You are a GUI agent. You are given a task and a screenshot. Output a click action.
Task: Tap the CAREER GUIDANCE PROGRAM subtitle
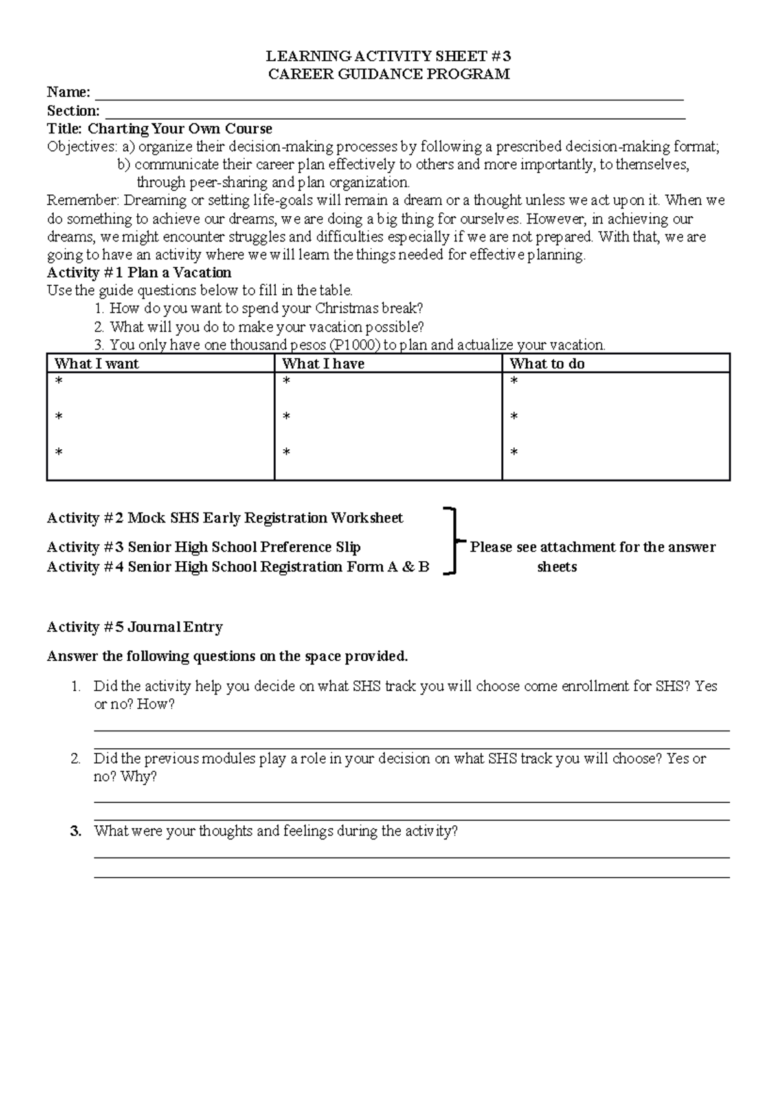(389, 74)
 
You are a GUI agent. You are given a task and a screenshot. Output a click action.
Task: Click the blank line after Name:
(388, 96)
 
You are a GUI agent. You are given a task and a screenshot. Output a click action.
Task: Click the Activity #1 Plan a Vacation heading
(139, 272)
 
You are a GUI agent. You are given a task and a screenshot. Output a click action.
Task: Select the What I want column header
(96, 364)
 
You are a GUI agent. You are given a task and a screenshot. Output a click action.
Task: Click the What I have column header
(323, 364)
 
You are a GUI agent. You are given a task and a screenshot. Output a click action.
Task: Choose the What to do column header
(547, 364)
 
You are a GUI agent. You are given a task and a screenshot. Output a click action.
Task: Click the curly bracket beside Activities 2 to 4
(453, 541)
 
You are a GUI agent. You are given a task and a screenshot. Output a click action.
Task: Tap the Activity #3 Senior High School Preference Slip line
(204, 547)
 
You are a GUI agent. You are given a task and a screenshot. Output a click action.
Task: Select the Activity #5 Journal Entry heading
(135, 627)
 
